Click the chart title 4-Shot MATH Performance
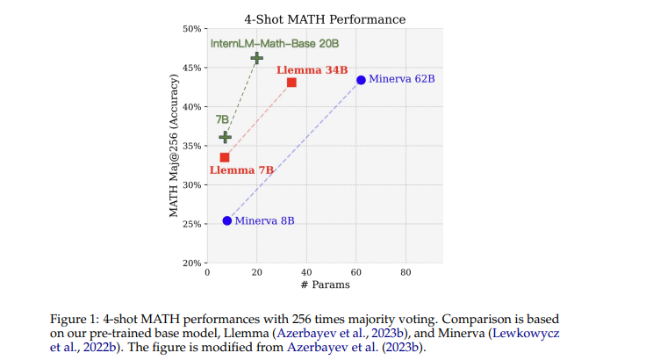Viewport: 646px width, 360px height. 324,18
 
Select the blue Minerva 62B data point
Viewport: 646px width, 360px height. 361,80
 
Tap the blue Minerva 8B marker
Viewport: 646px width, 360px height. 227,220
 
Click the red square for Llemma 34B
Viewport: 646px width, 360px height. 291,83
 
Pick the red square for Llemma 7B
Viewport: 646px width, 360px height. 225,157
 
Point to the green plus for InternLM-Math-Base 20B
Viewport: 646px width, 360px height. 256,58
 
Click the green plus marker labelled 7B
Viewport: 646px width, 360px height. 225,137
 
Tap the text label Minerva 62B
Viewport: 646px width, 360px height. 401,80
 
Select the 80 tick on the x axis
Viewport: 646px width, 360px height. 406,272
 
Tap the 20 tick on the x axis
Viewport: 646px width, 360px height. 256,272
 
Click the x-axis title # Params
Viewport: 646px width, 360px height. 324,284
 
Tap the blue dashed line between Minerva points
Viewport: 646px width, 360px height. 294,150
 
